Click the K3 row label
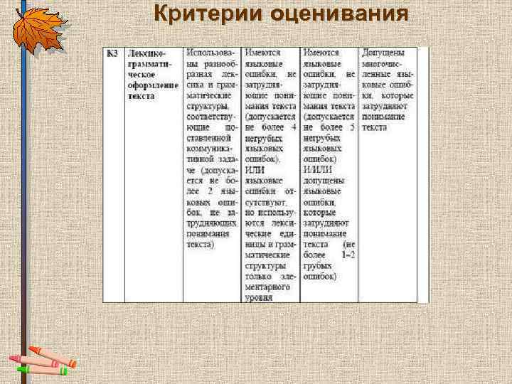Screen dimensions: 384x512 (112, 53)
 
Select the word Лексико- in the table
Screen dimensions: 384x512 (145, 53)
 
